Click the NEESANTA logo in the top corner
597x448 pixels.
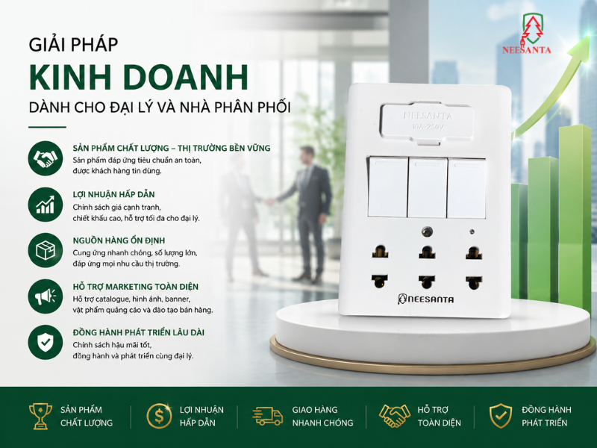click(x=527, y=34)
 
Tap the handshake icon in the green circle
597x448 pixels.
click(x=46, y=158)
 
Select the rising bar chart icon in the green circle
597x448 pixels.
click(x=46, y=205)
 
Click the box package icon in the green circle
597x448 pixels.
click(x=46, y=250)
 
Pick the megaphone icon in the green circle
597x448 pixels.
click(x=46, y=296)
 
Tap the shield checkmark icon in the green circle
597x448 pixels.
click(x=46, y=342)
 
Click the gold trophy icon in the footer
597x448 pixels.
click(x=40, y=416)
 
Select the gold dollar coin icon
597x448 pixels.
click(x=159, y=416)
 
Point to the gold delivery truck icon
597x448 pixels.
click(x=268, y=416)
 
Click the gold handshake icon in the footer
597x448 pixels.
click(x=395, y=416)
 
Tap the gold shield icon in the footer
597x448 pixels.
click(x=500, y=416)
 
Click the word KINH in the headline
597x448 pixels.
click(x=70, y=78)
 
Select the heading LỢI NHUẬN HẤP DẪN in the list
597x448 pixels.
click(x=114, y=194)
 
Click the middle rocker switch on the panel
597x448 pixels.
click(x=427, y=187)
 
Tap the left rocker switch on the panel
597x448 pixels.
click(x=388, y=187)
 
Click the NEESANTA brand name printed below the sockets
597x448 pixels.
click(x=425, y=299)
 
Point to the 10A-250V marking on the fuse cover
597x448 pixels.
click(x=428, y=127)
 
